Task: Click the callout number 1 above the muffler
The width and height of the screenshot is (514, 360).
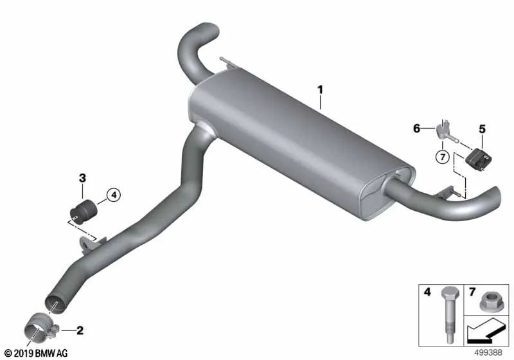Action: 320,89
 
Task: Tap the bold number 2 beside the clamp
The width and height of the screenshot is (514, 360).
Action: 80,330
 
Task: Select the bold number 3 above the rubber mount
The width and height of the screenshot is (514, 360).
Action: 82,178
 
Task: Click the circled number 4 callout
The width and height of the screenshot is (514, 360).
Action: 114,195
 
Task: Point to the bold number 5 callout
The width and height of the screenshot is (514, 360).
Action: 483,129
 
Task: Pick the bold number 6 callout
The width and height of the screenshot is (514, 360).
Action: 416,128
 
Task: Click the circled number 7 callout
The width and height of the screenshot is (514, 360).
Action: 443,157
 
